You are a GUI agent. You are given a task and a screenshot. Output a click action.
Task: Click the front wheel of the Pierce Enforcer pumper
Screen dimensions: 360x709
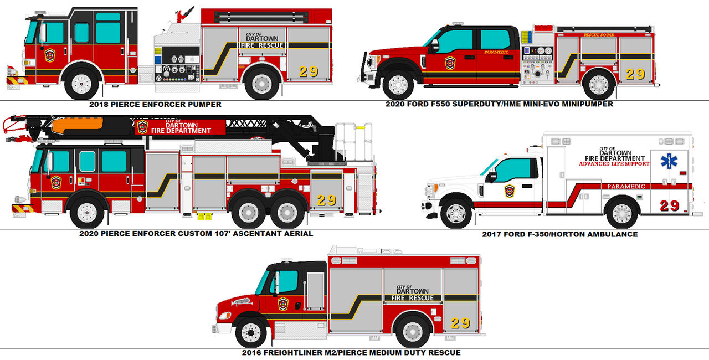[x=81, y=84]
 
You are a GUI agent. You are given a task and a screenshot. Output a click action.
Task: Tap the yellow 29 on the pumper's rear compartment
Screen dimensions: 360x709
[x=309, y=71]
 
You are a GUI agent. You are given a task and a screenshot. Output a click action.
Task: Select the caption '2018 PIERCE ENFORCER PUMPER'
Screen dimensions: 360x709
[x=155, y=104]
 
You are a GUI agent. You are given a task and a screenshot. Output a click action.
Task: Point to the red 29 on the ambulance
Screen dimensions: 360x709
[x=669, y=205]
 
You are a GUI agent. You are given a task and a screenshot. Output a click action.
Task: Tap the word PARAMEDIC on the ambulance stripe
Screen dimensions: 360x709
[x=626, y=187]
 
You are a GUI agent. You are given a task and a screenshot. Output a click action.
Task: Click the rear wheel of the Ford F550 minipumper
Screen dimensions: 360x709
[x=599, y=85]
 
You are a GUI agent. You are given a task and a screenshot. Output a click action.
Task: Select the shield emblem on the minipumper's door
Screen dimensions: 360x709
[x=450, y=63]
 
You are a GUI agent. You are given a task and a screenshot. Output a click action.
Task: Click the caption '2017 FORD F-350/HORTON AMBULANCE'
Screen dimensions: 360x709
[x=559, y=234]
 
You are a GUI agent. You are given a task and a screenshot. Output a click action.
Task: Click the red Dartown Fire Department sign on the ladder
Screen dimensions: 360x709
[x=181, y=127]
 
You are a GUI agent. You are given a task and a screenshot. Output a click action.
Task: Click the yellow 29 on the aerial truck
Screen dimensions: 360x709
[x=326, y=200]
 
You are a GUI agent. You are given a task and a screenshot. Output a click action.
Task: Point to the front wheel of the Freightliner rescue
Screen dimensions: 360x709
[x=251, y=333]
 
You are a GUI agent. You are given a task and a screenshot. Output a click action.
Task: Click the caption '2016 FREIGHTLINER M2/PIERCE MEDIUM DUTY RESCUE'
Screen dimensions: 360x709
[x=351, y=352]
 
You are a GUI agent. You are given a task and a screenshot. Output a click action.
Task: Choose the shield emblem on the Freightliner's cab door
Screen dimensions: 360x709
[x=283, y=304]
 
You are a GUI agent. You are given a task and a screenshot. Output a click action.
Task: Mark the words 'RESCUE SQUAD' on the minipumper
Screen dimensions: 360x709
[x=599, y=35]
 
